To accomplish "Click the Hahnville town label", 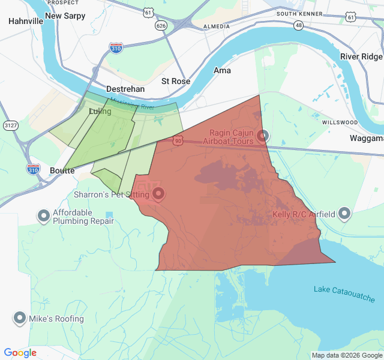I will point(26,21).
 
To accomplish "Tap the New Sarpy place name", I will point(65,16).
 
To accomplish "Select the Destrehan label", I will point(125,89).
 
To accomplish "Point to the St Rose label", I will point(176,81).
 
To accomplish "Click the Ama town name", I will point(222,70).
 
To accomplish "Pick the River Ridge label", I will point(361,56).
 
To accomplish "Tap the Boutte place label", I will point(62,170).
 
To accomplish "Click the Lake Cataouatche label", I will point(344,294).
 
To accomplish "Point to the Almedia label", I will point(217,26).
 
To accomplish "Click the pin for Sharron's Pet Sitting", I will point(158,193).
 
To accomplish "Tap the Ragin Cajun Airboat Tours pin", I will point(262,136).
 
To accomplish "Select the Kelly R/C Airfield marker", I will point(344,213).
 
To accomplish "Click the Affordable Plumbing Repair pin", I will point(43,215).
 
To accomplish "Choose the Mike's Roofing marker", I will point(20,318).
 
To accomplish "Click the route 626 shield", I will point(160,26).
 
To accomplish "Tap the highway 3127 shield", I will point(10,125).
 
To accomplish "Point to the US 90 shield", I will point(177,140).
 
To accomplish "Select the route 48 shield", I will point(298,26).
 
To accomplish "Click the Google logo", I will point(20,353).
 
